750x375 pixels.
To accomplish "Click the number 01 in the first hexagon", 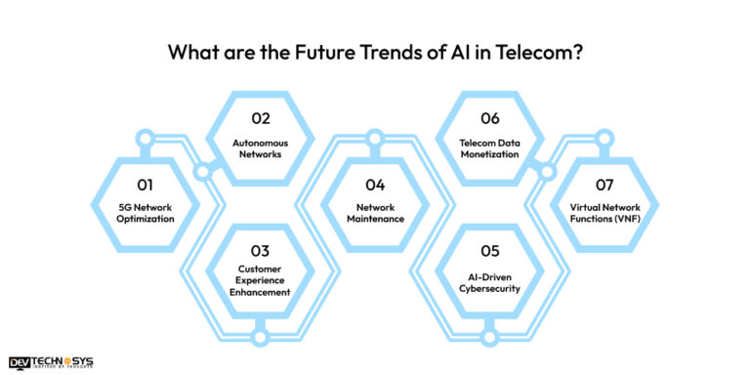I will tap(146, 183).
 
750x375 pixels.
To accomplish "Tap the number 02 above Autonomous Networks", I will tap(260, 118).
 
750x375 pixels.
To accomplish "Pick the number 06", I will tap(490, 118).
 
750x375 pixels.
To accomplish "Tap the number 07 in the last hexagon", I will tap(604, 183).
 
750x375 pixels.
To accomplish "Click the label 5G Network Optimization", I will tap(146, 212).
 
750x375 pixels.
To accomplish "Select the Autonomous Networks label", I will tap(260, 147).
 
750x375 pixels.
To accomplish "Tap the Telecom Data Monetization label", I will tap(490, 147).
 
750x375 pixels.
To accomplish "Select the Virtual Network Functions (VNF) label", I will tap(604, 212).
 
